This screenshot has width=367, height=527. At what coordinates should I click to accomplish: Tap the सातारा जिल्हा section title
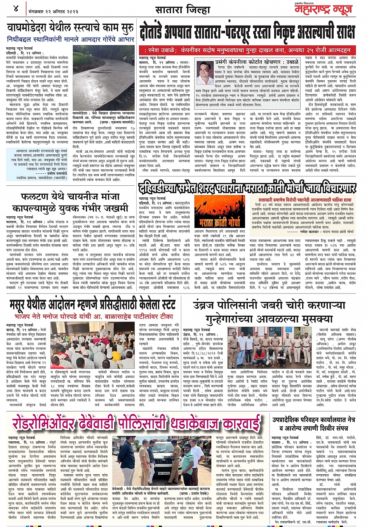[183, 9]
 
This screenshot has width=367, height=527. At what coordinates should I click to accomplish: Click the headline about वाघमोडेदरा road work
[71, 28]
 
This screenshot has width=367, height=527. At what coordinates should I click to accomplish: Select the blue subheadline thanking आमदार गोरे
[71, 39]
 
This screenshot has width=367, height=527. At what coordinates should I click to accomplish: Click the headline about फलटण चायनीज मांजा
[70, 202]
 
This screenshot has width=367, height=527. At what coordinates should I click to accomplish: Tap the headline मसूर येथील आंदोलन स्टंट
[92, 305]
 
